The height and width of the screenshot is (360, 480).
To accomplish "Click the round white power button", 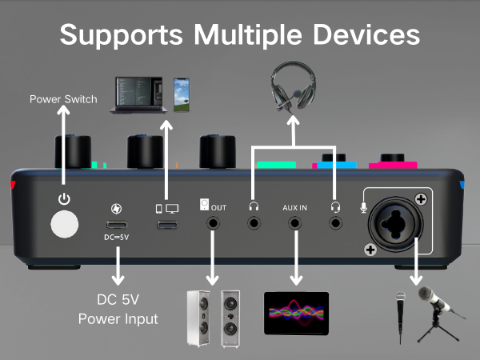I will point(65,225).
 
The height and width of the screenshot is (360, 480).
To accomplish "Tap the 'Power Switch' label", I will point(63,100).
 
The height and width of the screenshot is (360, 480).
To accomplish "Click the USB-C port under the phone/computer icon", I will point(166,225).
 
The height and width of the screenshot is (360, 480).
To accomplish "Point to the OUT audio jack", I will point(214,225).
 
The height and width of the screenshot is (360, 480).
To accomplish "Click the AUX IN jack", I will point(295,225).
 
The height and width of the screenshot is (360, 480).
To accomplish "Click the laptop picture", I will point(142,94).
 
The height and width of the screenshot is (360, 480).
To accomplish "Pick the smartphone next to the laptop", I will point(183,94).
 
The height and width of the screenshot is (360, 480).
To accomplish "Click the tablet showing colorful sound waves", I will point(296,313).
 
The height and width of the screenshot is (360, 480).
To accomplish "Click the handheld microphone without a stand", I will point(401,317).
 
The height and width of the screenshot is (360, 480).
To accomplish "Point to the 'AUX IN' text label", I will point(295,206).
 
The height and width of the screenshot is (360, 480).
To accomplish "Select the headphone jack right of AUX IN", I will point(335,225).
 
